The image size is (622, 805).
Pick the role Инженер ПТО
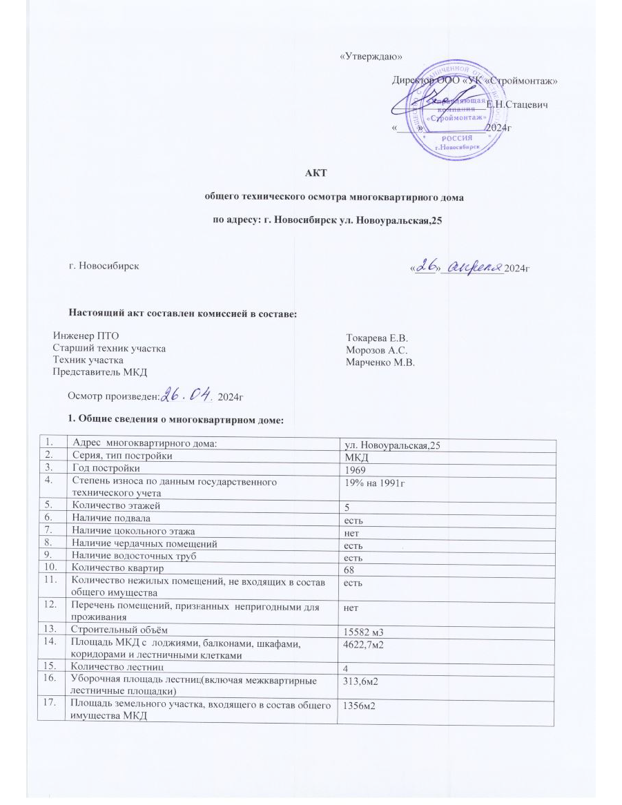click(x=81, y=336)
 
